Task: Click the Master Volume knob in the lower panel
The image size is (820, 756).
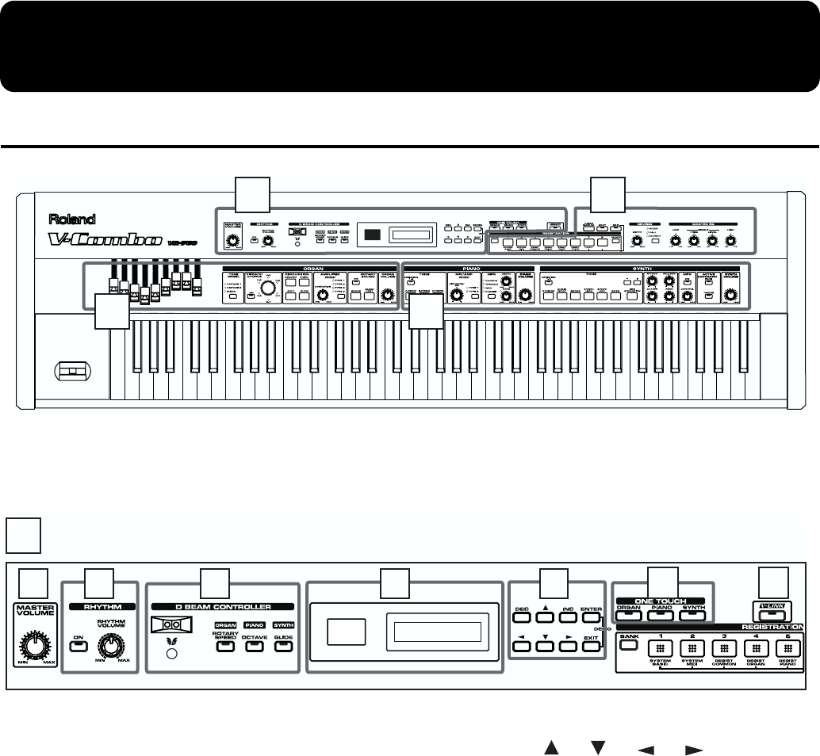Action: click(x=33, y=647)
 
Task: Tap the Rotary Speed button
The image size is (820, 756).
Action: click(x=225, y=647)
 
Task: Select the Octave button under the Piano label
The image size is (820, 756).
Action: click(x=255, y=647)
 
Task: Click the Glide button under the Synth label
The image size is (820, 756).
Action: click(x=283, y=647)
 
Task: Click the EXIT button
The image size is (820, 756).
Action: click(x=591, y=647)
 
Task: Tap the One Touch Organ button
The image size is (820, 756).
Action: click(x=628, y=614)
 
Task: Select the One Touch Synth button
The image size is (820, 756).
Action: click(x=693, y=614)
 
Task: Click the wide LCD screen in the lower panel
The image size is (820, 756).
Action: click(x=434, y=633)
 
